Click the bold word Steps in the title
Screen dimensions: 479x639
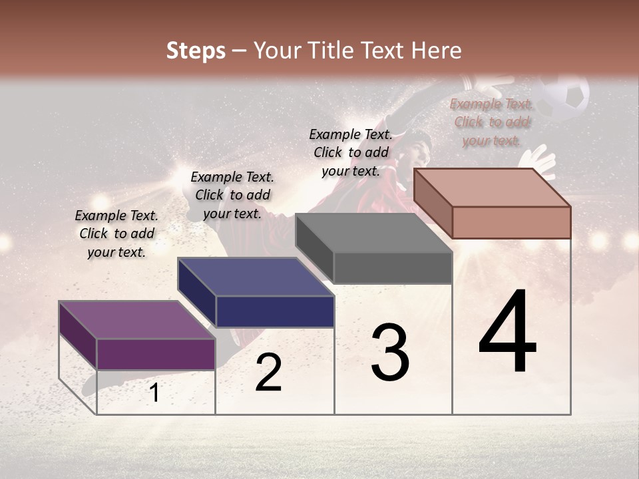(x=196, y=51)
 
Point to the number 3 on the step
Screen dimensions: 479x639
(x=390, y=352)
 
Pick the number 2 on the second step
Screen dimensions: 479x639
(x=268, y=373)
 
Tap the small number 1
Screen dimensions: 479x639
(x=154, y=393)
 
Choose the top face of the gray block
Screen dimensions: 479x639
(x=373, y=233)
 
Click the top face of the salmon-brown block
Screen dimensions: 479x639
(x=493, y=188)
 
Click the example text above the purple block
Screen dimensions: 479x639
(x=116, y=234)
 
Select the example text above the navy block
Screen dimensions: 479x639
(x=232, y=195)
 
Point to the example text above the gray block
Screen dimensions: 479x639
(x=351, y=152)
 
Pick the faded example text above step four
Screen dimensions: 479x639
(x=491, y=122)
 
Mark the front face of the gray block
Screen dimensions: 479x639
(x=393, y=268)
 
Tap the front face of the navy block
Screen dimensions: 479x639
(x=275, y=311)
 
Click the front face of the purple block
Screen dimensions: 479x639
(x=156, y=354)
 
